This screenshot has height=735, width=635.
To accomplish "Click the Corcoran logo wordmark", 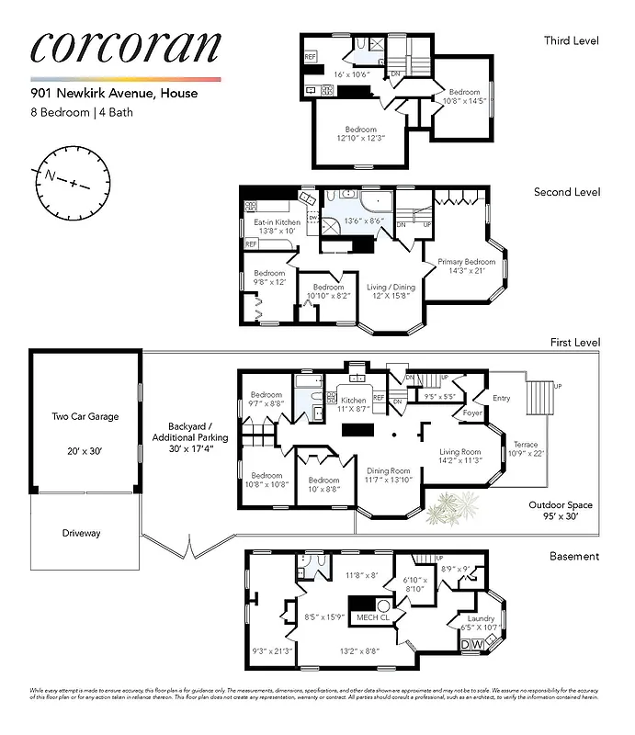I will click(126, 49).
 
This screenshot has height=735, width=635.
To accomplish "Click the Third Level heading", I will click(572, 40).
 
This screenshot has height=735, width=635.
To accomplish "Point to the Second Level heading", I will click(567, 192).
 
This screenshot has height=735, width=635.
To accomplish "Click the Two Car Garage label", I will click(85, 416).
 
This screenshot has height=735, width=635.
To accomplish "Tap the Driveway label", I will click(82, 533).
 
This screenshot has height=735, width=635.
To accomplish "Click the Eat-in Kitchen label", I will click(277, 222).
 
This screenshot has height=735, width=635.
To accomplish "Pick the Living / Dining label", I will click(391, 287).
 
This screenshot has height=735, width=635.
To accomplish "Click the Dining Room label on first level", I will click(389, 469).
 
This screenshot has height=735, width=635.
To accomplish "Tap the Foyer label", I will click(472, 413).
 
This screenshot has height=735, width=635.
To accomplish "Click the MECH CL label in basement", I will click(373, 616).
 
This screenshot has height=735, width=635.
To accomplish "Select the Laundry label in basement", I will click(482, 618).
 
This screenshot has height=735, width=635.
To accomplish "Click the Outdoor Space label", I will click(561, 504).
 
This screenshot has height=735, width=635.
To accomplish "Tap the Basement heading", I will click(574, 556).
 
